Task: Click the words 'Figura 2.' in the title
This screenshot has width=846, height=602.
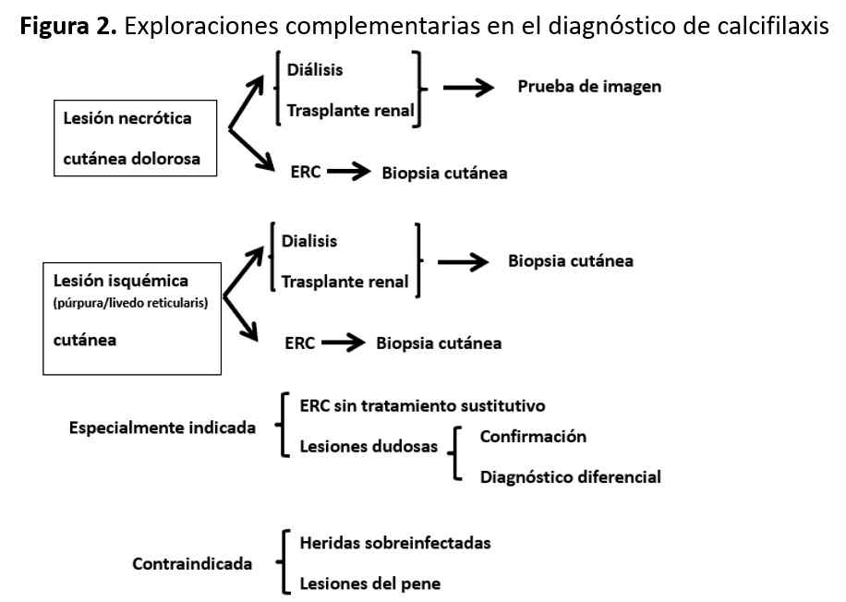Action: pyautogui.click(x=65, y=24)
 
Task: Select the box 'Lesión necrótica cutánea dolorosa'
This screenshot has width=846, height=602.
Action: pyautogui.click(x=139, y=138)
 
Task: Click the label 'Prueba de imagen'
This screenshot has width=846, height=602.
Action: pyautogui.click(x=589, y=87)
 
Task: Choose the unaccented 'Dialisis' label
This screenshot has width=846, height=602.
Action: pyautogui.click(x=311, y=242)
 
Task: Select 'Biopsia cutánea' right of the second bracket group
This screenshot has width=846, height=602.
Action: pyautogui.click(x=570, y=260)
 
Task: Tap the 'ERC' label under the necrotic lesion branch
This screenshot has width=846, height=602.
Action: pyautogui.click(x=305, y=172)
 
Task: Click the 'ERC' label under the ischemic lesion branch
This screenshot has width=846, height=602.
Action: pyautogui.click(x=300, y=343)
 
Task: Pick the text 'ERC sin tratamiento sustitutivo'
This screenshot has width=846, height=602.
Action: pyautogui.click(x=422, y=405)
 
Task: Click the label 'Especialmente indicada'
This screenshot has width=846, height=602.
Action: pyautogui.click(x=163, y=428)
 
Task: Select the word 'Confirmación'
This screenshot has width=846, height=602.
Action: pyautogui.click(x=532, y=436)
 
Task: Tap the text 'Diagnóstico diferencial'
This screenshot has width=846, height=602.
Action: pyautogui.click(x=570, y=477)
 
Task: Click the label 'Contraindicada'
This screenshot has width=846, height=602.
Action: pyautogui.click(x=192, y=563)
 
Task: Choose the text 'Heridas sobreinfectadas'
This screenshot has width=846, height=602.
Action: pyautogui.click(x=395, y=542)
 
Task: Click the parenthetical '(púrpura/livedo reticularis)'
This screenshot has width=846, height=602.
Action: pyautogui.click(x=136, y=301)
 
